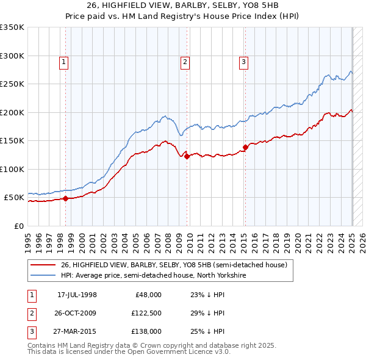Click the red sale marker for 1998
[x=65, y=198]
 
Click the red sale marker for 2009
[x=187, y=156]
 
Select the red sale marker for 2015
[x=245, y=147]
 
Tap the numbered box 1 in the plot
[x=64, y=61]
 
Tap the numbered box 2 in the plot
[x=185, y=61]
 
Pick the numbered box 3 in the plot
[x=243, y=61]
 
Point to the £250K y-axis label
[x=12, y=84]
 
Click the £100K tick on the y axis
[x=12, y=169]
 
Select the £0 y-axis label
[x=18, y=226]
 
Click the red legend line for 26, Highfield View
[x=43, y=264]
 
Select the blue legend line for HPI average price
[x=43, y=275]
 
